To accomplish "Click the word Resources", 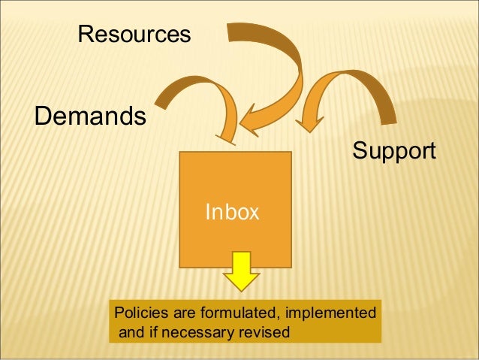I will pos(134,34).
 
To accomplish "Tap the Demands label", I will pos(89,116).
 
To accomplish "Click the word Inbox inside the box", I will pos(233,213).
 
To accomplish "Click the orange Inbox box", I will pos(234,188).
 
